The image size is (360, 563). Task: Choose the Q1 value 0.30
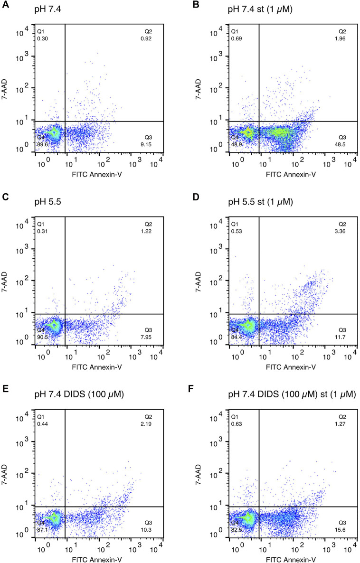click(42, 38)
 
